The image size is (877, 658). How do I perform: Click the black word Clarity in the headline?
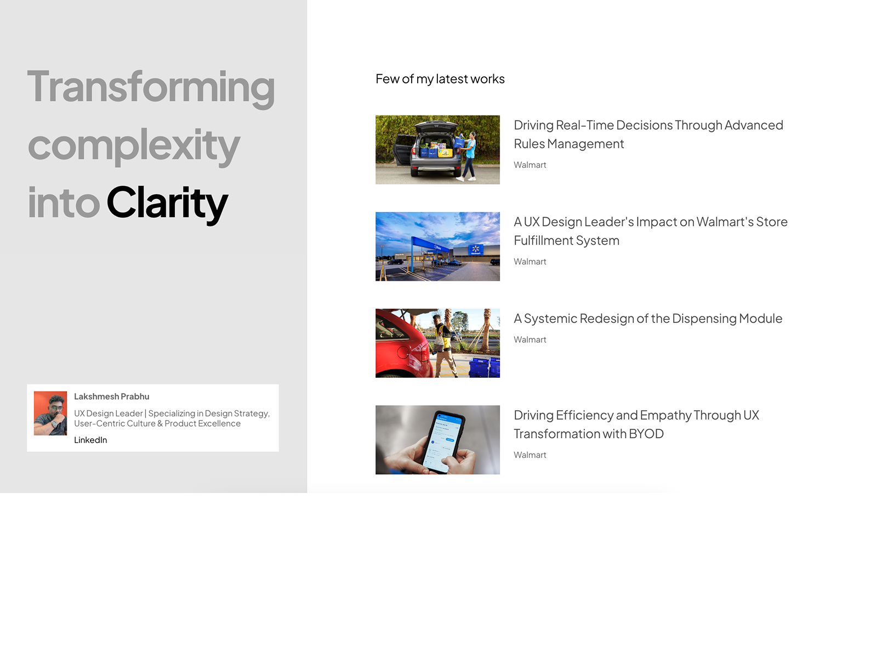click(x=167, y=204)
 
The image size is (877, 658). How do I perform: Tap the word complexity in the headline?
click(x=134, y=146)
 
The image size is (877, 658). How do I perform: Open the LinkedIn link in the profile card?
click(x=90, y=440)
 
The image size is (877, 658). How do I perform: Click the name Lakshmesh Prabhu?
click(x=111, y=396)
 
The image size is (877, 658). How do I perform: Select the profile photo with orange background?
click(x=50, y=413)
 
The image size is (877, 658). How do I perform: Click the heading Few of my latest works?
click(x=440, y=79)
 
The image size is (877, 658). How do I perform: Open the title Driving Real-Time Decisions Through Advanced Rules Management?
click(x=648, y=134)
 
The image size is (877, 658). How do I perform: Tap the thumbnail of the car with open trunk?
click(x=437, y=150)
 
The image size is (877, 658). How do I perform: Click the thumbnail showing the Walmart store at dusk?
click(x=437, y=247)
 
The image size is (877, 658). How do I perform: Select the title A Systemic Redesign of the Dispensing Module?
click(x=648, y=319)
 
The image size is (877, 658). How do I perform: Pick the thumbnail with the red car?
click(x=437, y=343)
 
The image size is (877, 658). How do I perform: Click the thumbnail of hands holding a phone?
click(x=437, y=440)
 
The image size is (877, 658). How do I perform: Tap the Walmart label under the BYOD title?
click(x=530, y=455)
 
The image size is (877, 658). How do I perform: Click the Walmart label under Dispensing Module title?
click(x=530, y=339)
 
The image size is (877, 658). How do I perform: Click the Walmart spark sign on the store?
click(x=475, y=249)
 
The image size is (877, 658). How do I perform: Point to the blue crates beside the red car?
click(x=484, y=367)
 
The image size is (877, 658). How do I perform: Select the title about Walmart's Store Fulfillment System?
click(x=651, y=231)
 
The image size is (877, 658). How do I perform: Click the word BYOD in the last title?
click(x=646, y=434)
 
